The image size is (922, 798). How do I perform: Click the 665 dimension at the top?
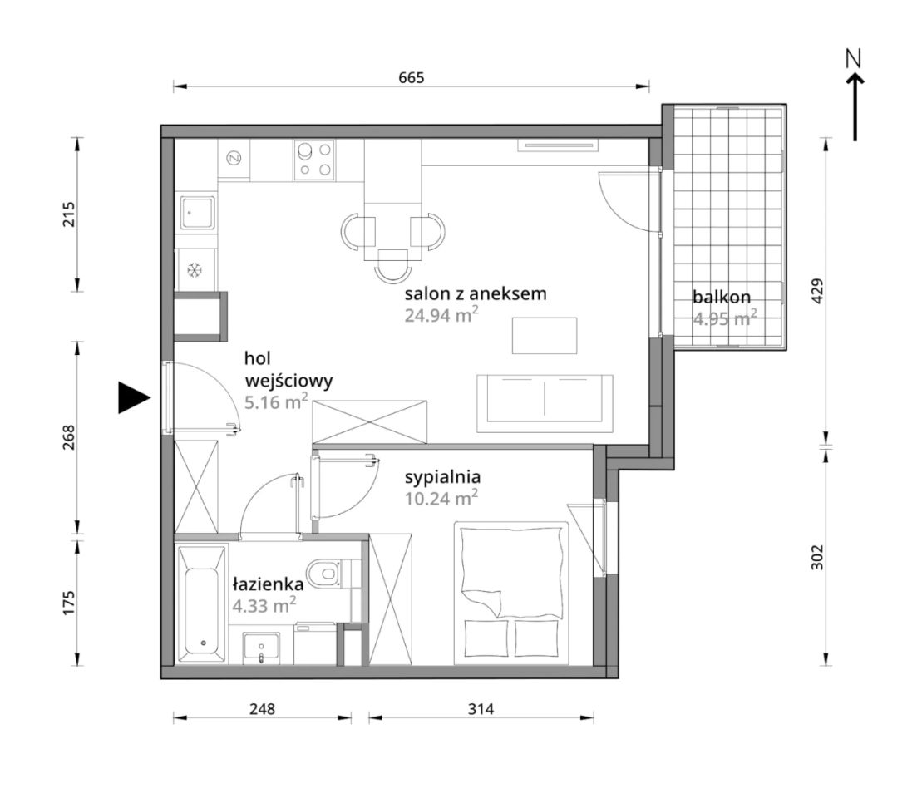[x=411, y=77]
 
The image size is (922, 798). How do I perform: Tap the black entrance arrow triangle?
[x=134, y=397]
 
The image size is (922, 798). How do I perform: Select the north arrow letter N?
[x=853, y=58]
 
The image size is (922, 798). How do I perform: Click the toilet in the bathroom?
[x=327, y=573]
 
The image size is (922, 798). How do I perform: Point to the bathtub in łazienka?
[x=202, y=603]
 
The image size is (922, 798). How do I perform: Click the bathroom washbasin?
[x=260, y=648]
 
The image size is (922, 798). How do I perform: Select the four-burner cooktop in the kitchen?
[x=314, y=160]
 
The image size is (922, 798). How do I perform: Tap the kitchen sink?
[x=198, y=212]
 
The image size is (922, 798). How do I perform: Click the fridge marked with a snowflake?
[x=195, y=269]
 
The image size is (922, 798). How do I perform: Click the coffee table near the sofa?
[x=545, y=335]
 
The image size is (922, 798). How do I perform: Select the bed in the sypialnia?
[x=511, y=593]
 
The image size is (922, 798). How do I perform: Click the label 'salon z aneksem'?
[x=476, y=293]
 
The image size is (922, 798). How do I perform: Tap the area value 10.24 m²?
[x=441, y=498]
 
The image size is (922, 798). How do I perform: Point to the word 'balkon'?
[x=722, y=297]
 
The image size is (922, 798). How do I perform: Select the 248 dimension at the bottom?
[x=262, y=708]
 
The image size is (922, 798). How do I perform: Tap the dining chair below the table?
[x=392, y=266]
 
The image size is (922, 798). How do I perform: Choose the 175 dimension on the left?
[x=69, y=603]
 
